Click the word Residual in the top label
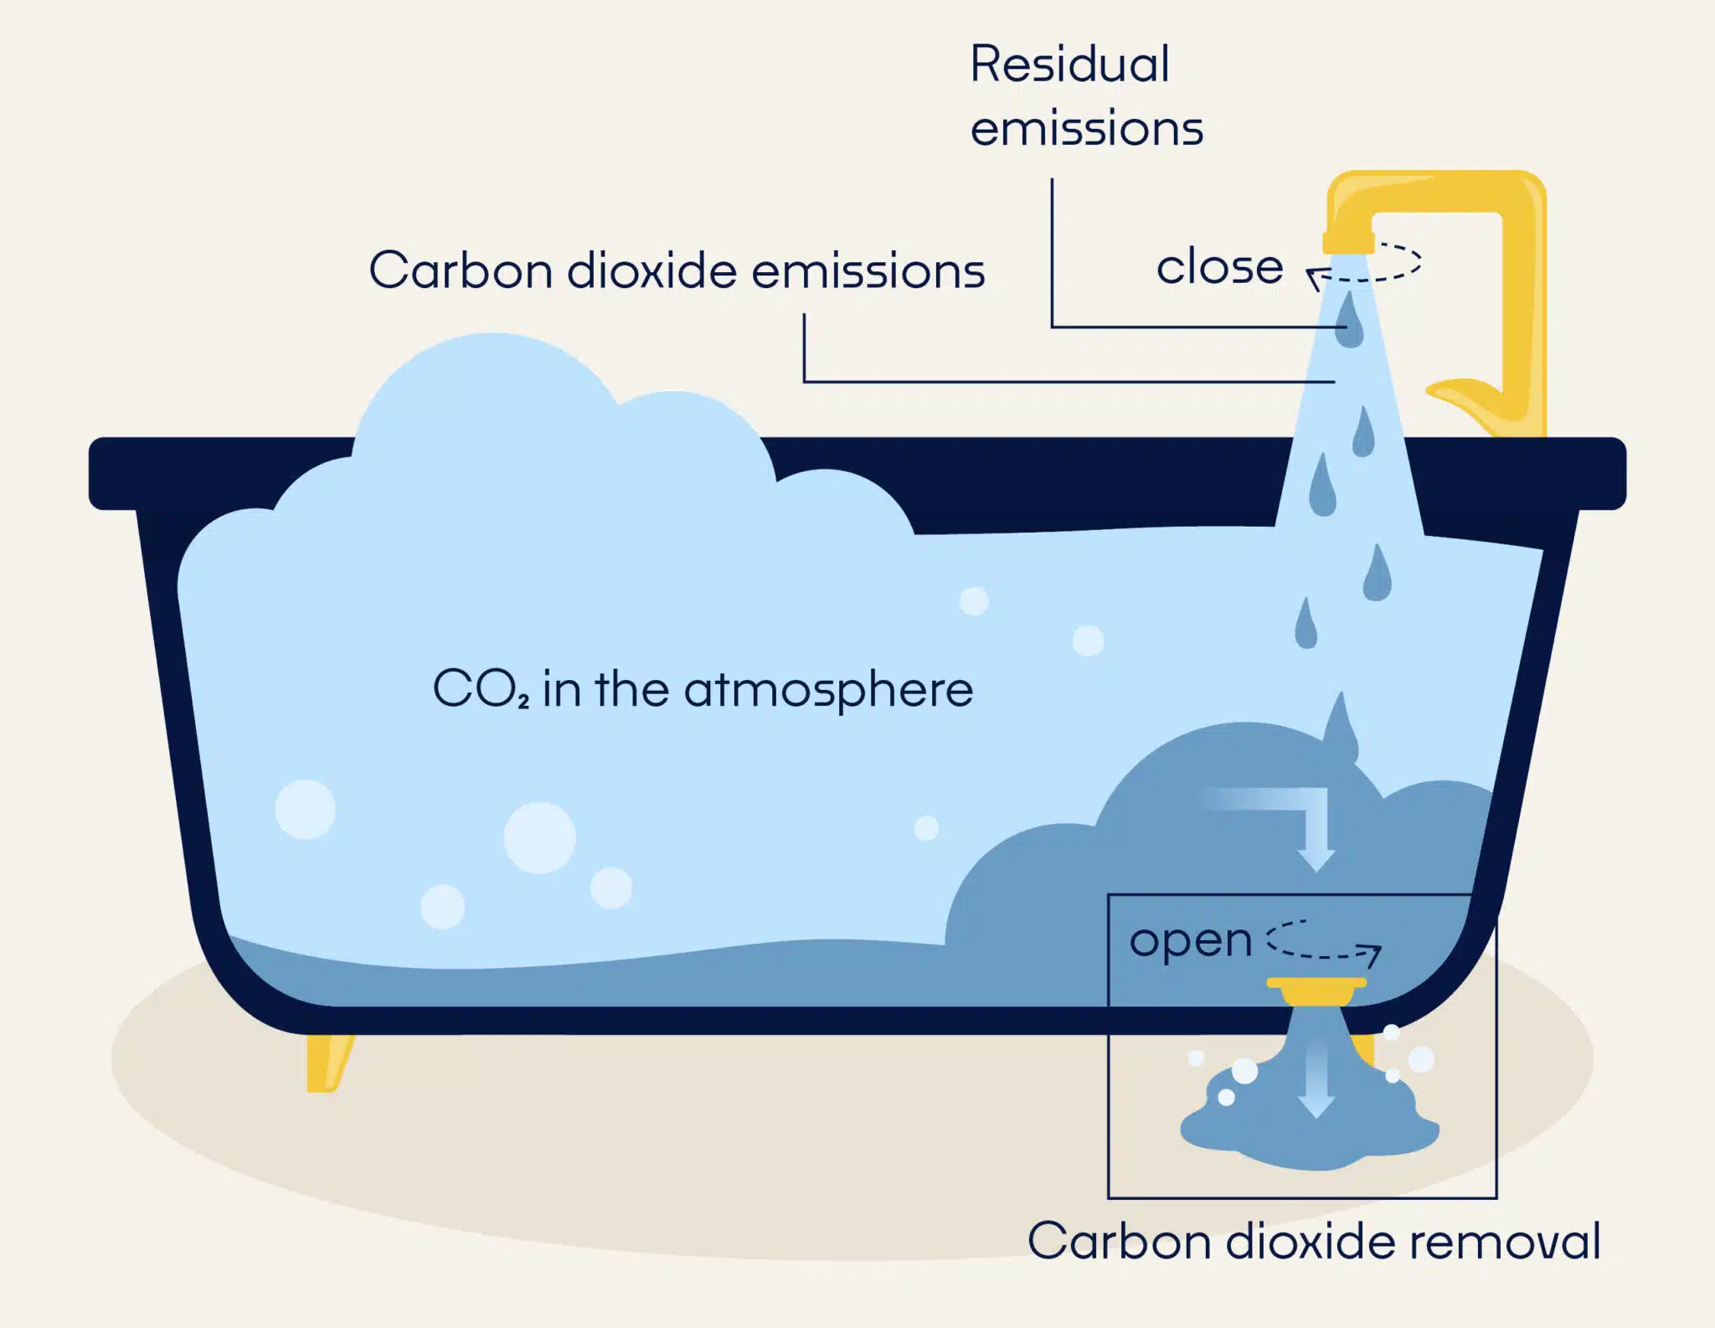(x=1069, y=64)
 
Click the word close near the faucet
(x=1219, y=267)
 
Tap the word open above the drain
(x=1190, y=941)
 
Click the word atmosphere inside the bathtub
(x=828, y=691)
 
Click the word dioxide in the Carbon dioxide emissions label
(x=651, y=270)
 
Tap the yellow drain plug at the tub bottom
(x=1316, y=991)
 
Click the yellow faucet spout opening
(x=1347, y=243)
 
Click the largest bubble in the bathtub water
(x=539, y=837)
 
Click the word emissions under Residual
(x=1086, y=129)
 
